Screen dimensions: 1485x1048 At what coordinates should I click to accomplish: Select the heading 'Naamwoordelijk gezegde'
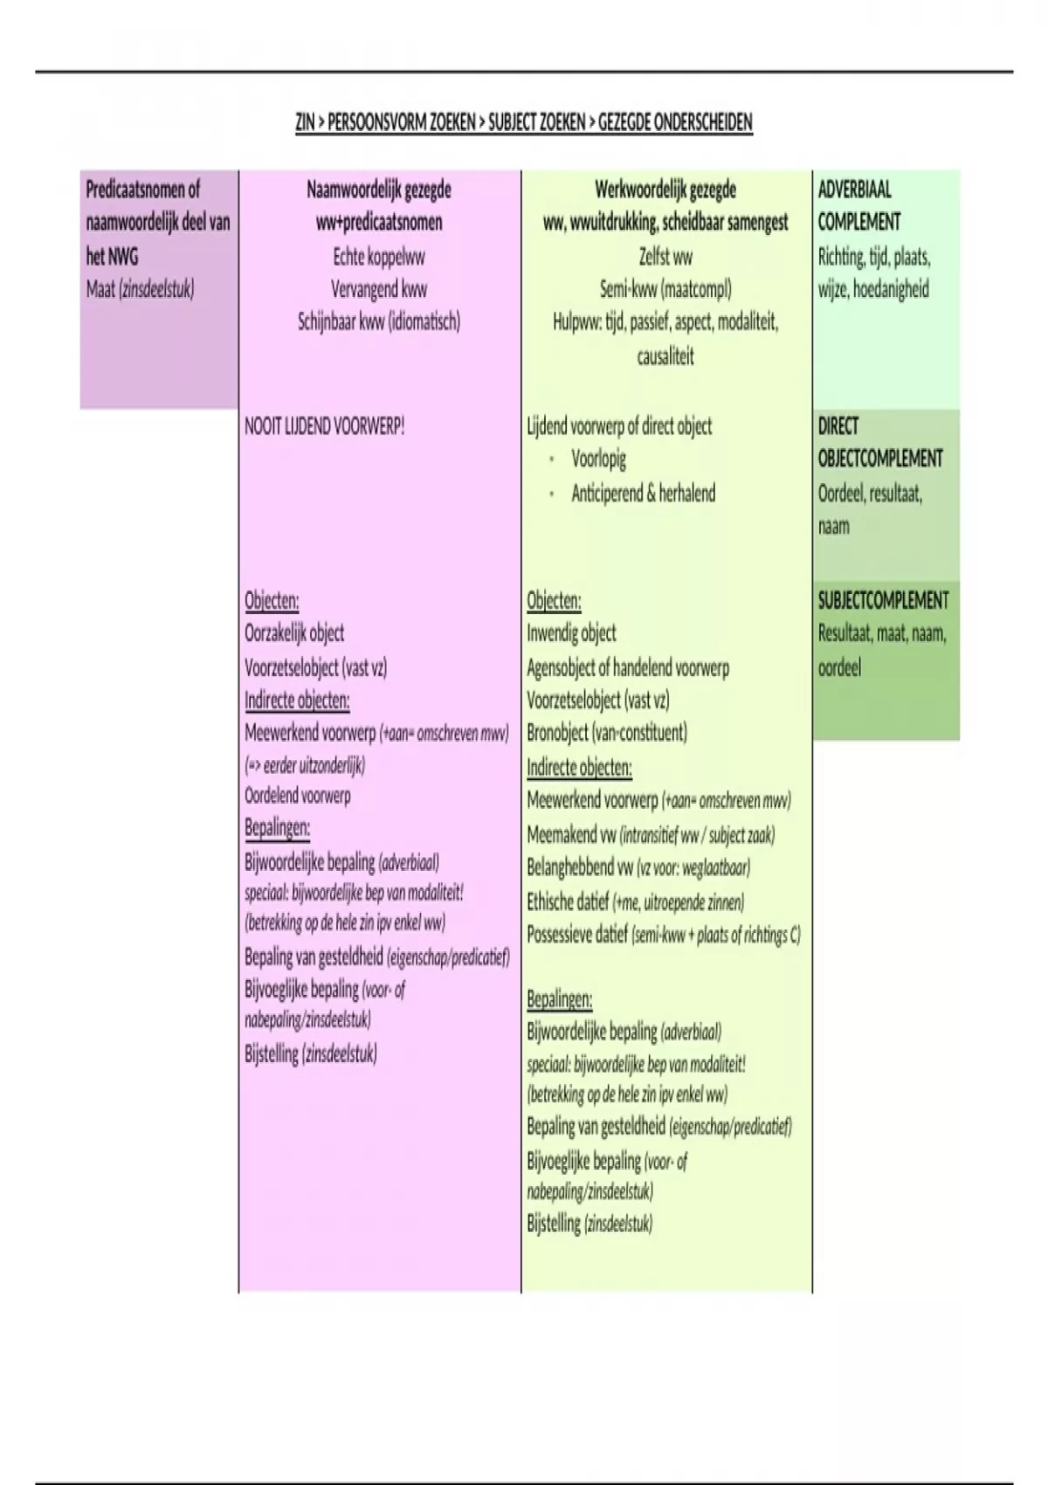tap(379, 190)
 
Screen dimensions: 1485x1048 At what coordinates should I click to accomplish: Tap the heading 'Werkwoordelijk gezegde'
tap(665, 190)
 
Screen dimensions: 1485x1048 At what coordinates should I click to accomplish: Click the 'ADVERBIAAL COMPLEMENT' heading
tap(858, 205)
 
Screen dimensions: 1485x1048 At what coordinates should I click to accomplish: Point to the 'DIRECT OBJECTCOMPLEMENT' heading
tap(879, 442)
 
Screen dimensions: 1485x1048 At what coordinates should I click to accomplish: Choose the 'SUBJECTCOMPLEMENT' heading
tap(883, 601)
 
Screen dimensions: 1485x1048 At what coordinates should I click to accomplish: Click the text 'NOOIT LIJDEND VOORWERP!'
tap(325, 427)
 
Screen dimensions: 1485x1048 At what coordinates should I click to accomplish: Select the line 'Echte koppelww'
tap(379, 257)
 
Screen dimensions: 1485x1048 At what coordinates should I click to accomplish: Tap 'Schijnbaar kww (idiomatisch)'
tap(379, 321)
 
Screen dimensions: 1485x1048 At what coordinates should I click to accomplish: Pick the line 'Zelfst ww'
tap(665, 257)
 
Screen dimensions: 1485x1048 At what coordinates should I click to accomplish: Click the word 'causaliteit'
tap(665, 356)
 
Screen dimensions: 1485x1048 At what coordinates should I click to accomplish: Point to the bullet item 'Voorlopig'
tap(598, 459)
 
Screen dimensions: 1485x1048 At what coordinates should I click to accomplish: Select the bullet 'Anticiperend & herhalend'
tap(643, 493)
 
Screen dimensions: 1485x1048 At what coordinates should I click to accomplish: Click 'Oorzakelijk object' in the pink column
tap(294, 633)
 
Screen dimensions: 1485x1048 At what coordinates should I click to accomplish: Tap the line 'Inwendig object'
tap(571, 633)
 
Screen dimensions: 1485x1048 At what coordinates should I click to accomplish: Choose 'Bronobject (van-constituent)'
tap(607, 732)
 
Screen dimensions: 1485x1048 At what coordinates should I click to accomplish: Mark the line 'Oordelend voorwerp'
tap(298, 796)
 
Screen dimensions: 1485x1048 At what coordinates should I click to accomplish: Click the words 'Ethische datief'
tap(568, 901)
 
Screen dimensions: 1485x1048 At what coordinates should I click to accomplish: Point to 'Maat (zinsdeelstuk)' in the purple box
tap(140, 289)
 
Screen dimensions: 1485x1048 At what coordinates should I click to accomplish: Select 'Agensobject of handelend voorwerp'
tap(628, 668)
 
